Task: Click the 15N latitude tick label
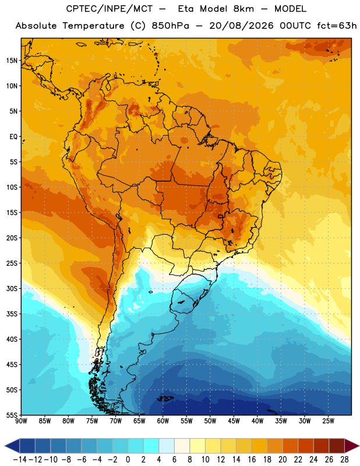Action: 12,61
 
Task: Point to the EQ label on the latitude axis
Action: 13,137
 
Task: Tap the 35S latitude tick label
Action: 12,314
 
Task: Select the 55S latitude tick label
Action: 12,415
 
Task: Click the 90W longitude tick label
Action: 21,421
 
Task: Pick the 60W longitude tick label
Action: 163,421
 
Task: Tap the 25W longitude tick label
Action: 328,421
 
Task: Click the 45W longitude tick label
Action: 234,421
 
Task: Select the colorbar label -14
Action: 20,460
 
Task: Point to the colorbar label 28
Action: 344,460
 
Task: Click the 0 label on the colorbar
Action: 128,460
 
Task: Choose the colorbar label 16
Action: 252,460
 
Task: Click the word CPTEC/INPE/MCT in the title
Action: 110,9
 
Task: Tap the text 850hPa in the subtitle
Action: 170,26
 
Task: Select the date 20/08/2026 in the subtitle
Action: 241,26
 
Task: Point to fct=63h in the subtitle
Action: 334,26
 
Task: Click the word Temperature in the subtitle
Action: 93,26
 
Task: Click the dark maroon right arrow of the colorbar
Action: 351,446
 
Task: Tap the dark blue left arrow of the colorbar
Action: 12,446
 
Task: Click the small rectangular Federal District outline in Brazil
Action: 221,216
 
